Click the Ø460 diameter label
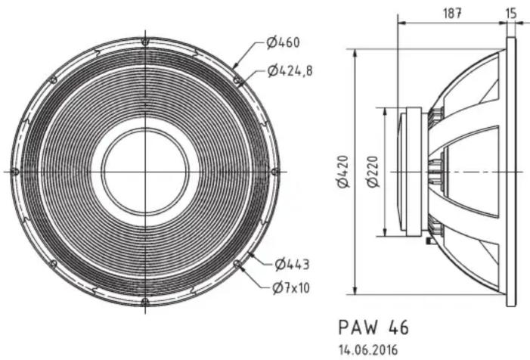pyautogui.click(x=283, y=42)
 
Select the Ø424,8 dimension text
pyautogui.click(x=290, y=71)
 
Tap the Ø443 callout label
pyautogui.click(x=292, y=264)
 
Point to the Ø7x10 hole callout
pyautogui.click(x=290, y=288)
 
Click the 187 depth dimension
pyautogui.click(x=452, y=13)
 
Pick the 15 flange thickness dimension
pyautogui.click(x=511, y=13)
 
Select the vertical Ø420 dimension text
pyautogui.click(x=343, y=171)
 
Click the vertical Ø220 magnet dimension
pyautogui.click(x=373, y=172)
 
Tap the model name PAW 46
pyautogui.click(x=373, y=327)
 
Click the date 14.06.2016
pyautogui.click(x=368, y=350)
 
